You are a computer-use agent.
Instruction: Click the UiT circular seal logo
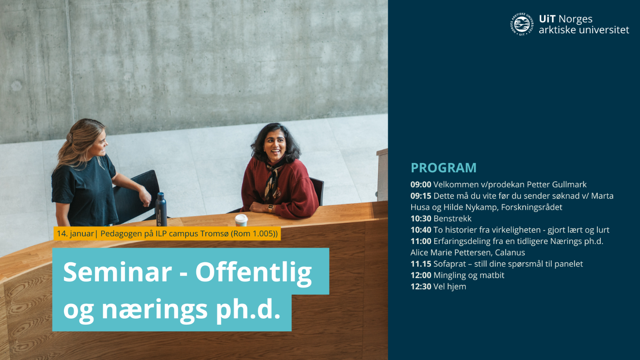pyautogui.click(x=522, y=24)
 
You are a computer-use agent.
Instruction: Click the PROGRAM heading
pyautogui.click(x=443, y=168)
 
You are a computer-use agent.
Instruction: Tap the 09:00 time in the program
pyautogui.click(x=421, y=185)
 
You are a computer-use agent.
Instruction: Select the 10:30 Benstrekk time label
pyautogui.click(x=421, y=219)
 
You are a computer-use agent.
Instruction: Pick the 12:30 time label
pyautogui.click(x=421, y=287)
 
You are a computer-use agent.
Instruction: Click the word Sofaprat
pyautogui.click(x=449, y=264)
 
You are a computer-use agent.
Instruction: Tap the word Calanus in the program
pyautogui.click(x=510, y=253)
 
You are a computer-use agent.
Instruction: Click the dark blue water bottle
pyautogui.click(x=161, y=209)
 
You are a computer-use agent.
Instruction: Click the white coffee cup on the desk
pyautogui.click(x=241, y=220)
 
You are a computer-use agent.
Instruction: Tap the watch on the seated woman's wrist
pyautogui.click(x=271, y=208)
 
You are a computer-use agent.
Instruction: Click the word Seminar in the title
pyautogui.click(x=117, y=272)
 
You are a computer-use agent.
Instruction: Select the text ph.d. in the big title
pyautogui.click(x=248, y=310)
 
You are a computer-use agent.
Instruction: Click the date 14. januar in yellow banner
pyautogui.click(x=75, y=234)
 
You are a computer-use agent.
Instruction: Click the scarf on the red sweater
pyautogui.click(x=271, y=179)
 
